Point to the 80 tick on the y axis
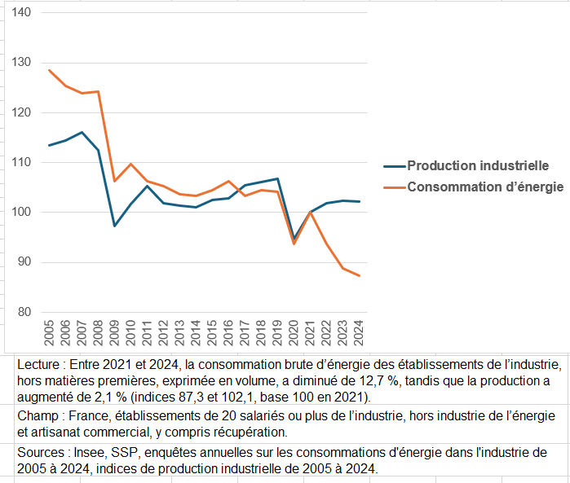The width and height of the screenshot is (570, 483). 23,312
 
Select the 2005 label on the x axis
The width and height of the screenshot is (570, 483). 50,332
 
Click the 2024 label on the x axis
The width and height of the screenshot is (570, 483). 359,332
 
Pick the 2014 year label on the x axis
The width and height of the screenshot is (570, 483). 197,332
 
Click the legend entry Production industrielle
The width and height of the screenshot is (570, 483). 477,165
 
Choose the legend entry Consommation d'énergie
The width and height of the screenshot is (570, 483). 485,187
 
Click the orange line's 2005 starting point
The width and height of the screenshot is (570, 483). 50,70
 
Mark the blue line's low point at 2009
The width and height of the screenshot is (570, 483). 115,226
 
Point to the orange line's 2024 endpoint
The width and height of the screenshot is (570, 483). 359,275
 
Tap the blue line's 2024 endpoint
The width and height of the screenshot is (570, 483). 359,201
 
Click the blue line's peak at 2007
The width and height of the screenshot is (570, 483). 82,132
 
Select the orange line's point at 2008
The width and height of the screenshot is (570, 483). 99,91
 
